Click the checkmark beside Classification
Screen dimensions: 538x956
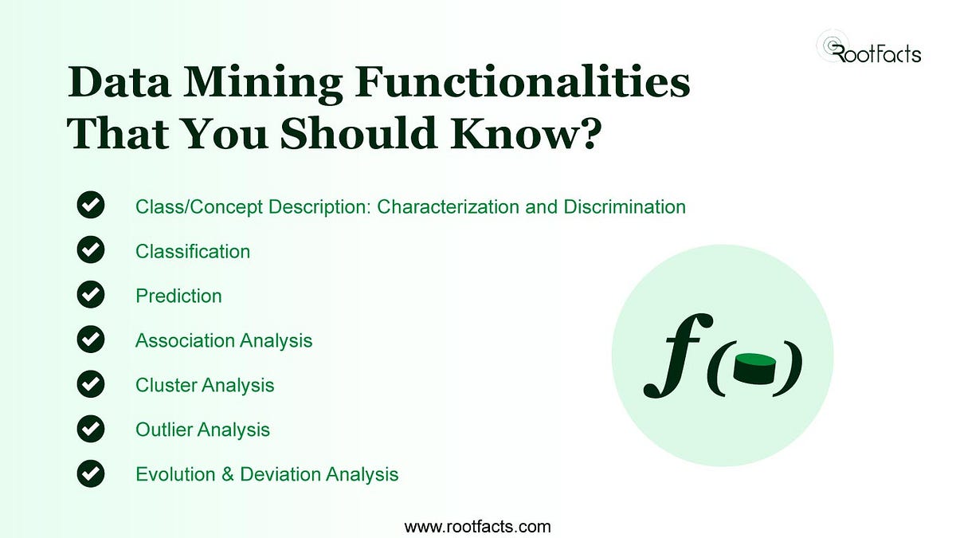[x=91, y=250]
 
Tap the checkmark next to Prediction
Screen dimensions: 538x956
[x=91, y=295]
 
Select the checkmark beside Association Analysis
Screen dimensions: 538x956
[x=91, y=340]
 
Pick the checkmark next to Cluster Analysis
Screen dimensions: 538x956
[x=91, y=384]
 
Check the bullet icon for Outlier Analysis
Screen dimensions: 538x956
[x=91, y=429]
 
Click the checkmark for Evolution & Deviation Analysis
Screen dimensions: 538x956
[x=91, y=473]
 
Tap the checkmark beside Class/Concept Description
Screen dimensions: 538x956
[x=91, y=206]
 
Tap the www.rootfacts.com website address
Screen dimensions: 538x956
[x=477, y=526]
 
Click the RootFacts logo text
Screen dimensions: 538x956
[x=876, y=54]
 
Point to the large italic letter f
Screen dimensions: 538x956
[x=673, y=356]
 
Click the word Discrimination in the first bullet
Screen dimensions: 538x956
[x=625, y=206]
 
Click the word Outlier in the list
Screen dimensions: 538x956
[x=163, y=430]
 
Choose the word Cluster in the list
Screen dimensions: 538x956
[x=165, y=385]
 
